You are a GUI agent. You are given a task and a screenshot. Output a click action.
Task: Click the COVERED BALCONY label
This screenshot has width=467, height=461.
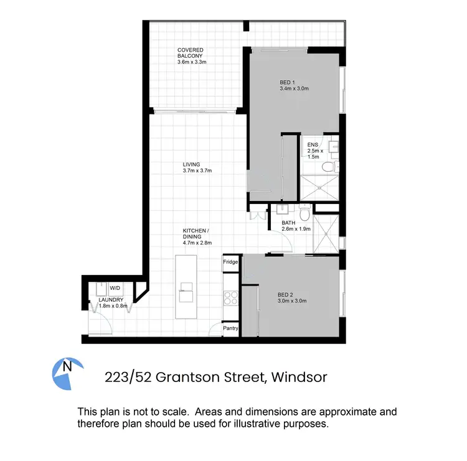pos(190,53)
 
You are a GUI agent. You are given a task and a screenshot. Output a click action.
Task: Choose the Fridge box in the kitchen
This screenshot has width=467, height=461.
pos(231,263)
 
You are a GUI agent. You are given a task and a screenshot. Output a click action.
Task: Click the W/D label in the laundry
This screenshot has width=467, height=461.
pos(115,288)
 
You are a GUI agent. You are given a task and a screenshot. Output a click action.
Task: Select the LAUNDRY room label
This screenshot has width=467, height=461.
pos(112,300)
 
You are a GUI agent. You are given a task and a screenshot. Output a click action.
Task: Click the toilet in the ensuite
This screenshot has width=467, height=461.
pos(337,165)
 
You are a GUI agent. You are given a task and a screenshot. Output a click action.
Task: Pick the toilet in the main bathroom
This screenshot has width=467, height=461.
pos(304,214)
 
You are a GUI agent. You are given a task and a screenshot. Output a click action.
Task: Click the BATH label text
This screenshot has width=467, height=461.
pos(288,223)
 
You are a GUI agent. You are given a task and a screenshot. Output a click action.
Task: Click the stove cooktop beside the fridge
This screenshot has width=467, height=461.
pos(231,298)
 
